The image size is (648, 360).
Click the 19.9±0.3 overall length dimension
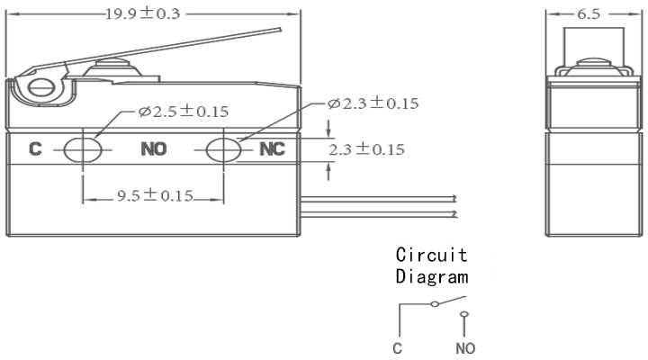pyautogui.click(x=143, y=13)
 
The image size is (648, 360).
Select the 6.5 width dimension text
pyautogui.click(x=589, y=14)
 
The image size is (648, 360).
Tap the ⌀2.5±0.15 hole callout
pyautogui.click(x=184, y=112)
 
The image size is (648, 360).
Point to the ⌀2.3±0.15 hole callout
pyautogui.click(x=373, y=103)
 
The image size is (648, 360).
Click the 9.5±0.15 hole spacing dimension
pyautogui.click(x=155, y=195)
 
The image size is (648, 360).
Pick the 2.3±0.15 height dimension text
pyautogui.click(x=366, y=149)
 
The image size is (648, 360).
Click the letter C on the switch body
pyautogui.click(x=35, y=148)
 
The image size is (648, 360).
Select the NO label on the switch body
pyautogui.click(x=154, y=148)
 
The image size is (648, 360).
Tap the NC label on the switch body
pyautogui.click(x=272, y=148)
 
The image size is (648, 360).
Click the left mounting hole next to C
pyautogui.click(x=83, y=149)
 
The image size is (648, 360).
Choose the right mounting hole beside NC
pyautogui.click(x=223, y=149)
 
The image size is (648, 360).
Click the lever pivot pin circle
pyautogui.click(x=40, y=87)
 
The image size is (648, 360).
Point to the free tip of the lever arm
pyautogui.click(x=281, y=30)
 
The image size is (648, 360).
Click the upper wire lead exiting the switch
pyautogui.click(x=379, y=198)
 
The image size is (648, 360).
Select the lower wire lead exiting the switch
pyautogui.click(x=379, y=213)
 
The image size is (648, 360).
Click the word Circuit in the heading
pyautogui.click(x=431, y=255)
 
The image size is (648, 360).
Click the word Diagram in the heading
pyautogui.click(x=432, y=276)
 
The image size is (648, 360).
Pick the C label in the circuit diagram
pyautogui.click(x=397, y=348)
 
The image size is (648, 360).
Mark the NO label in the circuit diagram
pyautogui.click(x=465, y=348)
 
